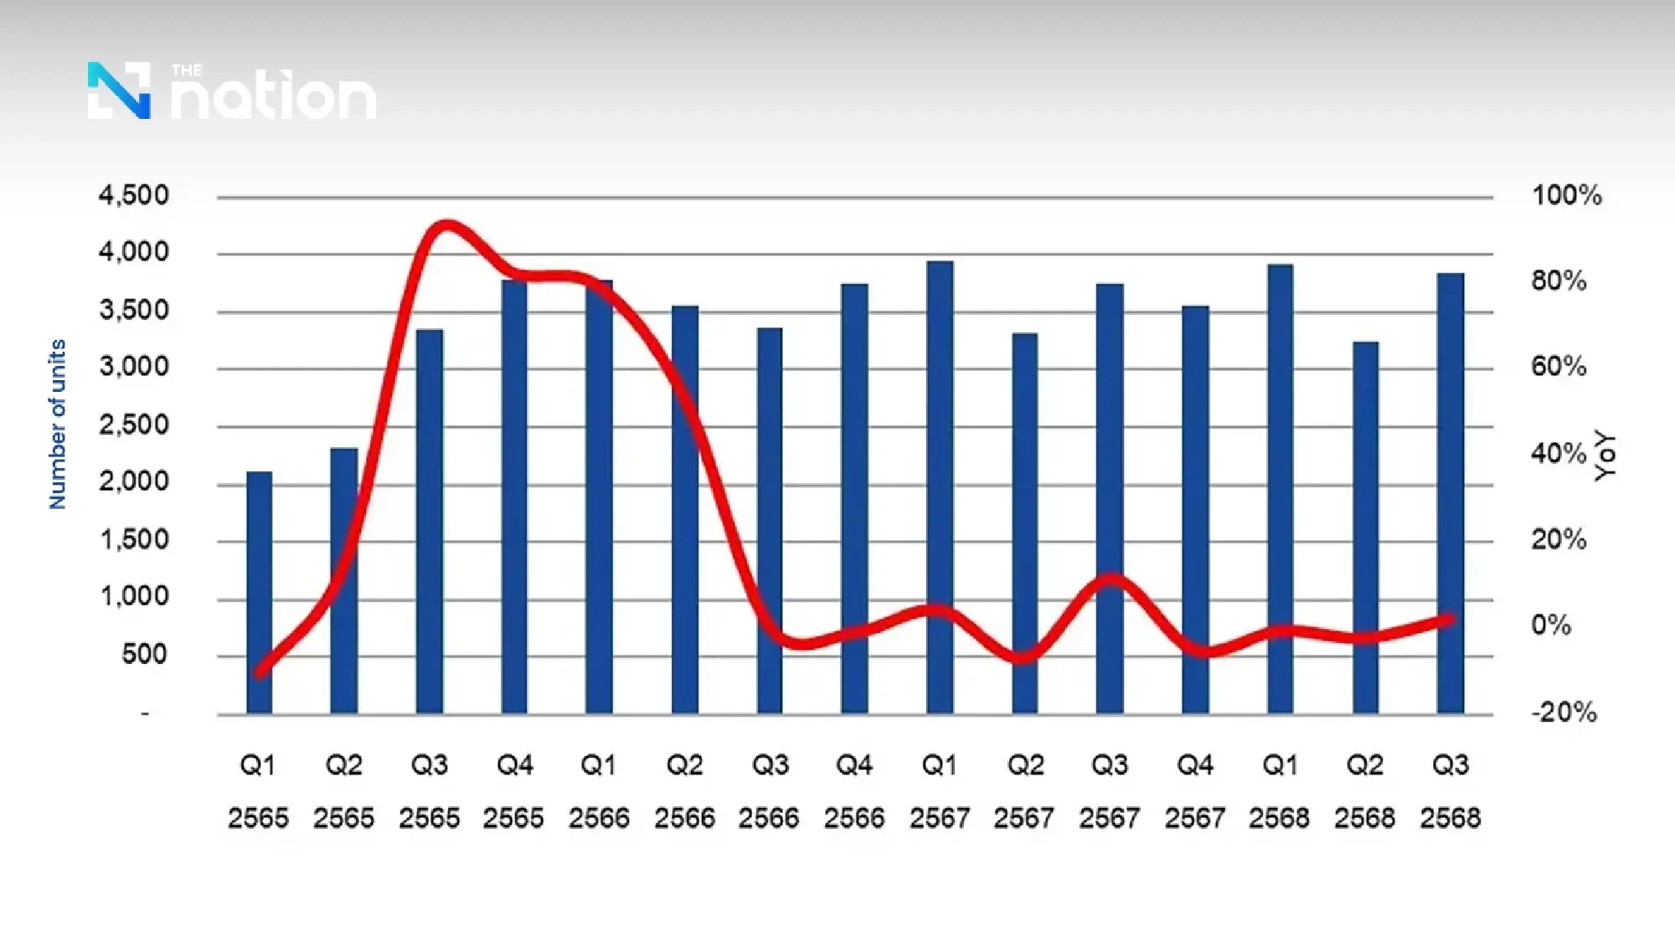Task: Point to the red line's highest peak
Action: (x=446, y=226)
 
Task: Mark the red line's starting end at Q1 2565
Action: (x=260, y=672)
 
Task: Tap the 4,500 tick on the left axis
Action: (x=134, y=196)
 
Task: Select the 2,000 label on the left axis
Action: (x=134, y=482)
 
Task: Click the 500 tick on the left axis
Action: (x=144, y=655)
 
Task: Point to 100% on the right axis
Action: (x=1566, y=196)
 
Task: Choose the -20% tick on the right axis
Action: (x=1564, y=713)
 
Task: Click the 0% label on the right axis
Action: (x=1550, y=625)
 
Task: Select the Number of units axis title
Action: (x=57, y=424)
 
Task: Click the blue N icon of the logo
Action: (x=119, y=90)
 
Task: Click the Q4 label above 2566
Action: (x=854, y=765)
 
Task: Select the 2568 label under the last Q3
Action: (x=1450, y=818)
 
